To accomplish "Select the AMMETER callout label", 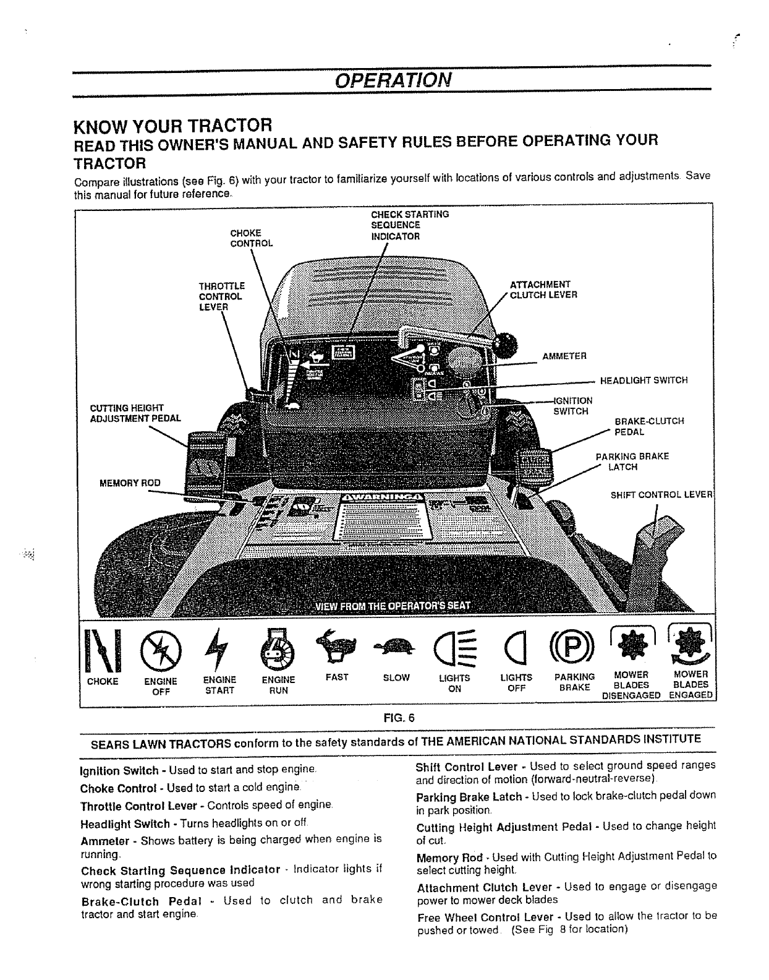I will tap(564, 356).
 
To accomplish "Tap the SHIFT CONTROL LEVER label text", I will tap(661, 494).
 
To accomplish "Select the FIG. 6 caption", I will tap(398, 718).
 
